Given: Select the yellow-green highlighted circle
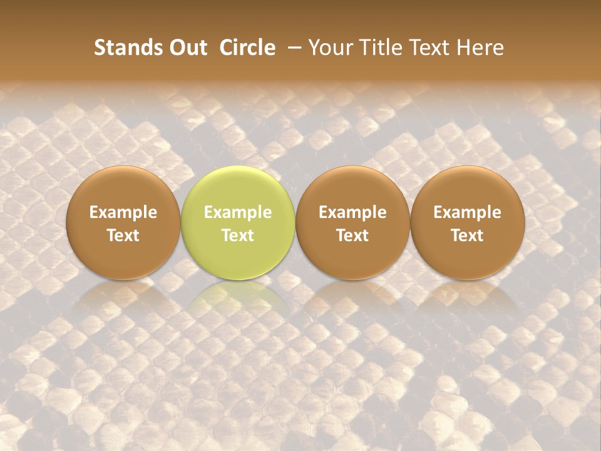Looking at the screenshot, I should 238,223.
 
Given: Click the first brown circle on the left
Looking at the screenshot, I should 123,223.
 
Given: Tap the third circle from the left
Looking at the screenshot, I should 352,223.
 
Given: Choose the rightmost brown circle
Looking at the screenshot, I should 467,223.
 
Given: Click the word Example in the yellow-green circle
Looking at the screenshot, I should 238,212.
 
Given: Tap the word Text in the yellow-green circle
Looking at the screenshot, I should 238,236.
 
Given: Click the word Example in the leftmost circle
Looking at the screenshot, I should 123,212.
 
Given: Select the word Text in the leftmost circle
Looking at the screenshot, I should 123,236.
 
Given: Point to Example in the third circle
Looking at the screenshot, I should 352,212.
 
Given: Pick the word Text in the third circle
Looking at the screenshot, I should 352,236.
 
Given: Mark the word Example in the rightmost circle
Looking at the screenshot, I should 467,212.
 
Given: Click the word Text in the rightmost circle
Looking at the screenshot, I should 467,236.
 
